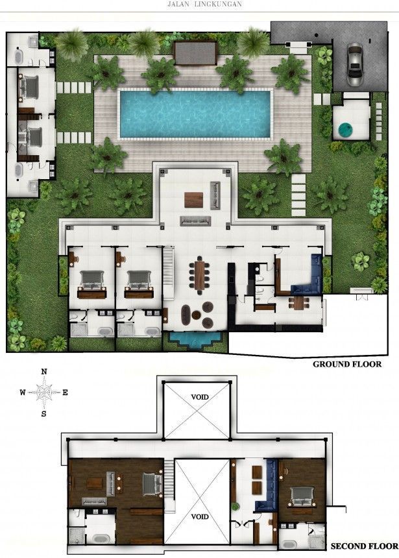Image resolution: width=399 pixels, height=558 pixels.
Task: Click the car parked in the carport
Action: [354, 64]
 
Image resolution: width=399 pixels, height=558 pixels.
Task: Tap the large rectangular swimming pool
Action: [195, 114]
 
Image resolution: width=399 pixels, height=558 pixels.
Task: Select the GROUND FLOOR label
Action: [347, 364]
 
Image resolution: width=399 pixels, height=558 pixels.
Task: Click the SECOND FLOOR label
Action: [365, 546]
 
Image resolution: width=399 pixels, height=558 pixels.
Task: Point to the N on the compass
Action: [44, 372]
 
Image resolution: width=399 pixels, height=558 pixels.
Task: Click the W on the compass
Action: [23, 393]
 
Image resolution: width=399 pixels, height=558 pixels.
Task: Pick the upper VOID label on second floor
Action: [200, 397]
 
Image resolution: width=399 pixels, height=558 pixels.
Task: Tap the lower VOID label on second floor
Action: [200, 516]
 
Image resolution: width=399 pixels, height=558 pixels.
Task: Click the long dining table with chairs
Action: [199, 275]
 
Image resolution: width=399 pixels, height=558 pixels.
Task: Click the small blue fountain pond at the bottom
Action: [195, 339]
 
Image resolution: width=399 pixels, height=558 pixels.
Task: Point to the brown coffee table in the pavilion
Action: [193, 200]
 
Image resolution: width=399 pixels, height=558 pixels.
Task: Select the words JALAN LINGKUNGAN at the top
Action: [204, 4]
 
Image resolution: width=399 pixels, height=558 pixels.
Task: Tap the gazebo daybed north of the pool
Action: [195, 54]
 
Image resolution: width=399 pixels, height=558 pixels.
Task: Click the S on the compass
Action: [43, 414]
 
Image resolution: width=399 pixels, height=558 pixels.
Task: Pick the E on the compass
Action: [65, 393]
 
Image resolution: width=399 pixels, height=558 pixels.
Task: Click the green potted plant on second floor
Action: [235, 506]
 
